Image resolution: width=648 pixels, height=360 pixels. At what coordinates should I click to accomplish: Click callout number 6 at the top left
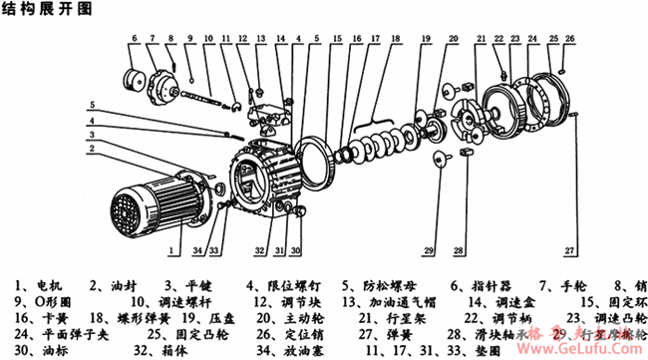click(x=134, y=40)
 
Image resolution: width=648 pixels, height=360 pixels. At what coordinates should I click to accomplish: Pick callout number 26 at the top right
click(x=569, y=39)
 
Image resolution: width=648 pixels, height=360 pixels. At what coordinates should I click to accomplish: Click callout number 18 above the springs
click(x=397, y=39)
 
